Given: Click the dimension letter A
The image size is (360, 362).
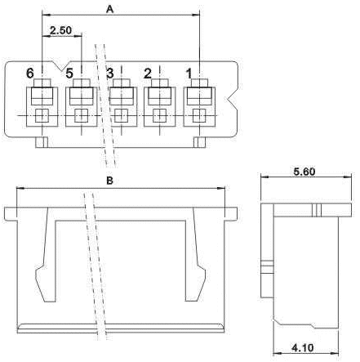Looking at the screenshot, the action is [x=109, y=9].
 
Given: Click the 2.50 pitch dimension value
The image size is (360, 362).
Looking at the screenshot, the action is [x=61, y=30].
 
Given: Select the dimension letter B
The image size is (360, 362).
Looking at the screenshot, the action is [x=109, y=181].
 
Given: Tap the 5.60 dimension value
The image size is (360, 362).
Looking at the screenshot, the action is [x=304, y=172].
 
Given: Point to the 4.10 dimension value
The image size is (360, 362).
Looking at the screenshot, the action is [x=303, y=347].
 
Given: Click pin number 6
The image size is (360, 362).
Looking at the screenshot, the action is [x=30, y=74].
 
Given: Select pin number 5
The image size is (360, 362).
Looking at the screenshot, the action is [x=69, y=74].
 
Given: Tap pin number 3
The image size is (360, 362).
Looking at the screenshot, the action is [x=110, y=74].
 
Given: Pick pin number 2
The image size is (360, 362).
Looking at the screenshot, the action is [x=148, y=74].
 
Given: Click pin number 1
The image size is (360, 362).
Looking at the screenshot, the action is [x=189, y=74].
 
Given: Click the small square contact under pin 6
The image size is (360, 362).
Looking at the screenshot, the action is [x=42, y=115].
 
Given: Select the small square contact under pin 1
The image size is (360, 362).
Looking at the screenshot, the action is [x=199, y=115].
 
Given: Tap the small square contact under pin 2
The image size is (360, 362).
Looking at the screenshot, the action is [x=159, y=115].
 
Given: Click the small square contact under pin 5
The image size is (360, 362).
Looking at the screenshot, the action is [x=82, y=115].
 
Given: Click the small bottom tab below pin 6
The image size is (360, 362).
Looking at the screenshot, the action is [x=42, y=142].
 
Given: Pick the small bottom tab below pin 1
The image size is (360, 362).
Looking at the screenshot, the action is [x=199, y=142].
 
